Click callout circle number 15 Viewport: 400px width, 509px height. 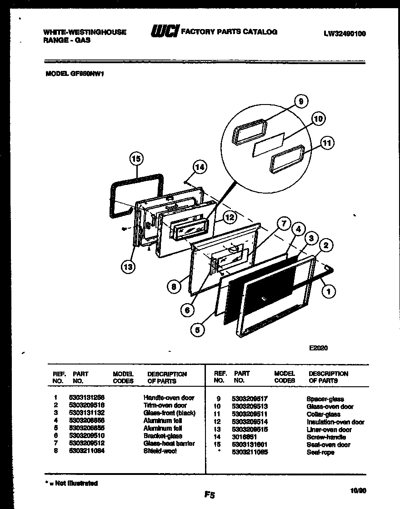point(136,159)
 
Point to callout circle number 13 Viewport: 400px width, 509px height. point(128,267)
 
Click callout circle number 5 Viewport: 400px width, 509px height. point(197,330)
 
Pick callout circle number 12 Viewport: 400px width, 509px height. point(230,218)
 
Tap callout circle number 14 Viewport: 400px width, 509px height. point(199,167)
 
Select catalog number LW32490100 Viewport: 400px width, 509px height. point(345,34)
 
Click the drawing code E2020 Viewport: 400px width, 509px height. point(318,348)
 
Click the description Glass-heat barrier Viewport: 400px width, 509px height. point(169,443)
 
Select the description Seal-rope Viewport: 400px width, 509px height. point(320,453)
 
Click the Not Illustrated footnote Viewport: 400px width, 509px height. point(72,483)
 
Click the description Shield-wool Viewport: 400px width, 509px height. point(160,451)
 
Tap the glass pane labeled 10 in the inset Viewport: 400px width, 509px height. point(268,145)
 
